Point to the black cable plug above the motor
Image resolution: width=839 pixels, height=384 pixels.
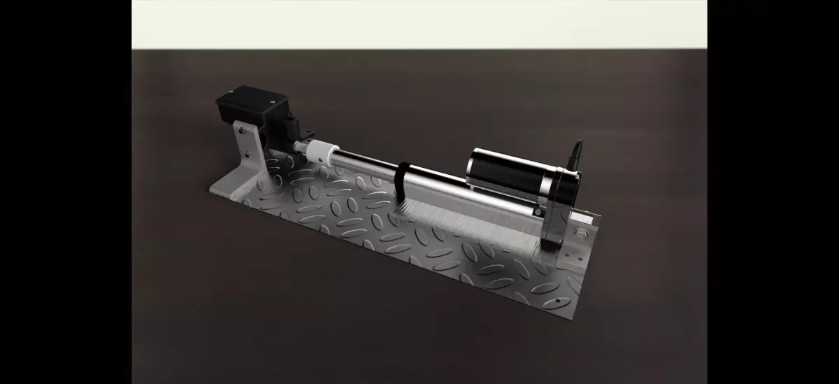click(576, 155)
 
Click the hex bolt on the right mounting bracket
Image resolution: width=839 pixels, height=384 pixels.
click(580, 234)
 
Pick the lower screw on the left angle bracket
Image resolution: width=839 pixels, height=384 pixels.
click(246, 152)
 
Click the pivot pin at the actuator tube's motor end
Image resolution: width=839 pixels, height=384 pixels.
click(538, 209)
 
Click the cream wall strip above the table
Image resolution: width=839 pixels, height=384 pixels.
click(419, 24)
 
